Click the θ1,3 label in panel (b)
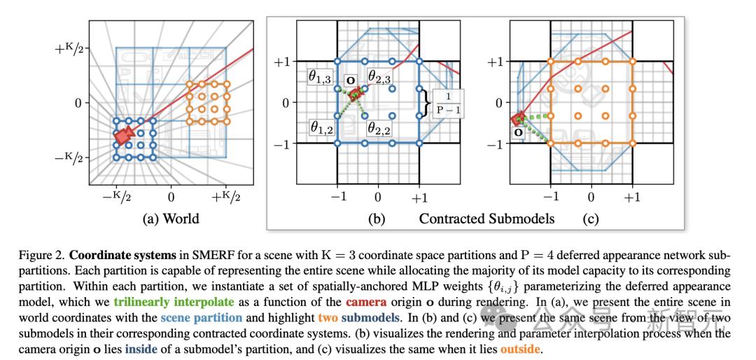click(x=320, y=78)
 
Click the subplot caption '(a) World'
click(x=171, y=219)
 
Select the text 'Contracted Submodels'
click(x=486, y=219)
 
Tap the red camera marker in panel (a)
click(x=125, y=136)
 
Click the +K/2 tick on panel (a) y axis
click(x=71, y=48)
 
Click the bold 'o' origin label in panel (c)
click(x=519, y=131)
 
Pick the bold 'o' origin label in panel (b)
click(x=351, y=80)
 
